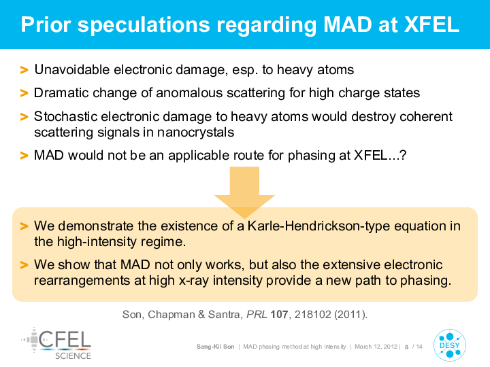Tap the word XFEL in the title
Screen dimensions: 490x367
tap(431, 24)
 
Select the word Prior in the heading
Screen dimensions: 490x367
tap(46, 24)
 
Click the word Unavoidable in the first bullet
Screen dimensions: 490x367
tap(72, 69)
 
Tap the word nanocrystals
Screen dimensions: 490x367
tap(195, 133)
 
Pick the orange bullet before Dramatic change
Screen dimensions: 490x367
tap(24, 93)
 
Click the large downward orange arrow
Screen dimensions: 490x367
tap(244, 192)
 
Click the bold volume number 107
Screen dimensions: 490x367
tap(279, 314)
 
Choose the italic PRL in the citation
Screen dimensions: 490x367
tap(257, 314)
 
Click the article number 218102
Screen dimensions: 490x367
tap(312, 314)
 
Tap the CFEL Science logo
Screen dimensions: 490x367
tap(56, 344)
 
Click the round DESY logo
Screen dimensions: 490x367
tap(450, 345)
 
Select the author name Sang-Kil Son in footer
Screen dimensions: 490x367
tap(215, 347)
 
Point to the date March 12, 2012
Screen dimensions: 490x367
tap(376, 347)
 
